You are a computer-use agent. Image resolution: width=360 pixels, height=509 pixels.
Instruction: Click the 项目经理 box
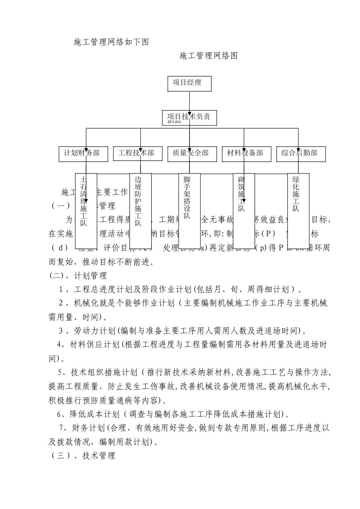pos(189,83)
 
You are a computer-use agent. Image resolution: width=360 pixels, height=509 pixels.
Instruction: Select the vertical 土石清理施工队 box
pos(86,210)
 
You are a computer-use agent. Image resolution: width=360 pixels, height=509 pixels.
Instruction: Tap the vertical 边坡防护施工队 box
pos(141,210)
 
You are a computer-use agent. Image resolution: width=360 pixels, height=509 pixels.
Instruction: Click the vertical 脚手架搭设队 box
pos(189,210)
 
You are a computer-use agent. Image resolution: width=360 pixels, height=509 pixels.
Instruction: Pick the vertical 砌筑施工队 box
pos(244,210)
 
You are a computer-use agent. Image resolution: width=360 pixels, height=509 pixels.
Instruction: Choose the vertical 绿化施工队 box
pos(298,210)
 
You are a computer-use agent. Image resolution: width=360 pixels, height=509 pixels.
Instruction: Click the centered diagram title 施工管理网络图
pos(208,56)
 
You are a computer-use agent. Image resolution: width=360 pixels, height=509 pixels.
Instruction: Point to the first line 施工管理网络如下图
pos(111,42)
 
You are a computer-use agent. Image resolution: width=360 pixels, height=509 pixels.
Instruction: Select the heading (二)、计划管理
pos(78,276)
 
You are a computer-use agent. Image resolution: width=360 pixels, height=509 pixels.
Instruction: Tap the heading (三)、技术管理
pos(83,456)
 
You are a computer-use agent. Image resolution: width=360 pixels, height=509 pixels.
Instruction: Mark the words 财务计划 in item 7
pos(88,428)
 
